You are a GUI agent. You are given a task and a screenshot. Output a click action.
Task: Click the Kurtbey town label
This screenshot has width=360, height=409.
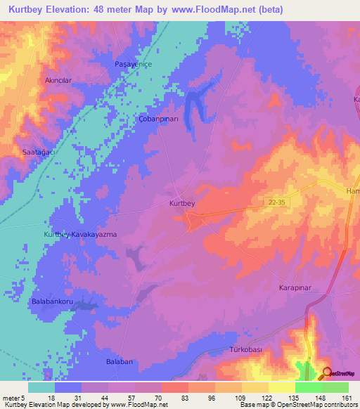(x=182, y=203)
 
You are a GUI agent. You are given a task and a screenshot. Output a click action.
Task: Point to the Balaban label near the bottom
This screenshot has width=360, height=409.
(x=119, y=361)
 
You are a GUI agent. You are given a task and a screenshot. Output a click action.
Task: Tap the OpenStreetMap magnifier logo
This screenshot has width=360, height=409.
(x=327, y=373)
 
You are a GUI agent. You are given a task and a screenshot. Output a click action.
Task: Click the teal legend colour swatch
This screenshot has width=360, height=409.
(x=41, y=387)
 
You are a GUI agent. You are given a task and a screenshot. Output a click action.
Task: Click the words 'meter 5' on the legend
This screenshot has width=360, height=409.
(x=13, y=398)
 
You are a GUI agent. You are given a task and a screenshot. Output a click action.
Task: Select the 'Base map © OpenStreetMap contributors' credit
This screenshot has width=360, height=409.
(x=298, y=405)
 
